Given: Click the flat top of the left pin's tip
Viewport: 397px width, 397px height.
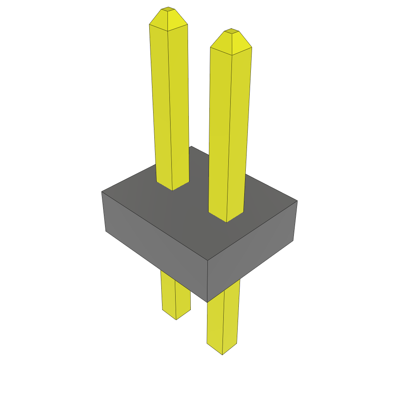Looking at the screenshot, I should (167, 9).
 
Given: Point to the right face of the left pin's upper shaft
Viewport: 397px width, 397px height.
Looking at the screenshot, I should (179, 105).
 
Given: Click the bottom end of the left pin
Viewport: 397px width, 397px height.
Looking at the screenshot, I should (176, 319).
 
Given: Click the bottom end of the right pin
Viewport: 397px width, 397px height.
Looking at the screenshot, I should (222, 354).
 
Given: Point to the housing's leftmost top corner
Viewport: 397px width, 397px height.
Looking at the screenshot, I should (102, 192).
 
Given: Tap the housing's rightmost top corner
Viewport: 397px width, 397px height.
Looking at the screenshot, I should (297, 201).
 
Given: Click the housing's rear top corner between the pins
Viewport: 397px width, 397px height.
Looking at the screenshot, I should (191, 146).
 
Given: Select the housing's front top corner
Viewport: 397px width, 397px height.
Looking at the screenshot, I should (208, 261).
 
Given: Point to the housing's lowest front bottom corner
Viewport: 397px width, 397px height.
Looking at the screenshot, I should (208, 302).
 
